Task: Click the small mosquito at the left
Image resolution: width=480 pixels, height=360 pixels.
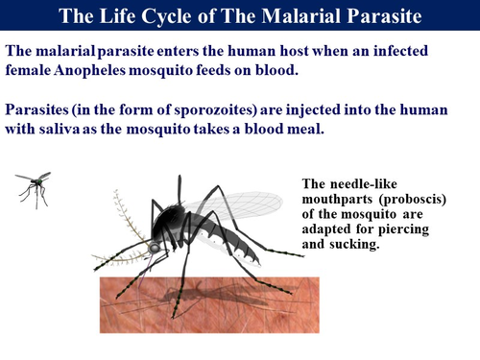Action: [x=34, y=187]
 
